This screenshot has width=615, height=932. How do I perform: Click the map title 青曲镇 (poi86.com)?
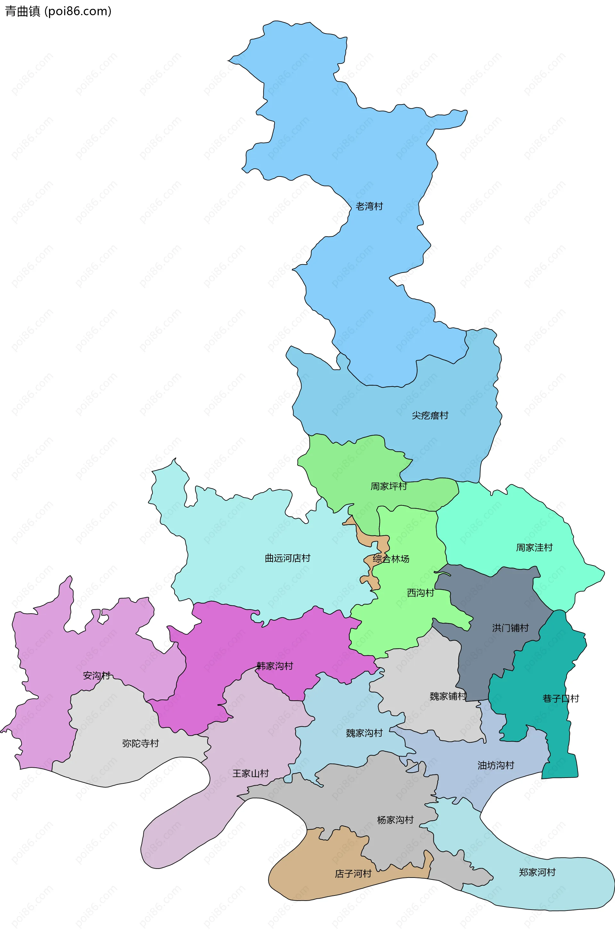point(58,11)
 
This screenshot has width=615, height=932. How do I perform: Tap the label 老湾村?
point(369,206)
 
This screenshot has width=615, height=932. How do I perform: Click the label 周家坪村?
point(389,486)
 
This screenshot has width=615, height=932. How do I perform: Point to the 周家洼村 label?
point(534,547)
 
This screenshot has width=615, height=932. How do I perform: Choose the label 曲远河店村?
point(288,558)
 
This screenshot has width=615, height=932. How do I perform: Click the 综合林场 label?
point(391,559)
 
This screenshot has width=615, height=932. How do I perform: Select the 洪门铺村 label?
point(510,628)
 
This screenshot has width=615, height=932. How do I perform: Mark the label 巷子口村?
point(561,698)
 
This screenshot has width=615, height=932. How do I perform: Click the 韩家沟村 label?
point(275,666)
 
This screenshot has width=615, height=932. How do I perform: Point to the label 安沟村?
point(96,675)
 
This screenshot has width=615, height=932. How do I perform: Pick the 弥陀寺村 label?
point(140,743)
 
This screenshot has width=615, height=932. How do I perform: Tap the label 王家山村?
point(250,773)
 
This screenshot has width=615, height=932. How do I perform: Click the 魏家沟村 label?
point(364,733)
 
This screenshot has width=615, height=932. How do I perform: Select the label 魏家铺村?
point(448,696)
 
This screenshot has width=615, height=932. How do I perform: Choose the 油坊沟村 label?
point(496,765)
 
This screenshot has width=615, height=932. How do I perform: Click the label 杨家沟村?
point(395,820)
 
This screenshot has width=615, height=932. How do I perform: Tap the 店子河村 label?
point(353,874)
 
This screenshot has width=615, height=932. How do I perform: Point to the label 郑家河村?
point(537,872)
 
